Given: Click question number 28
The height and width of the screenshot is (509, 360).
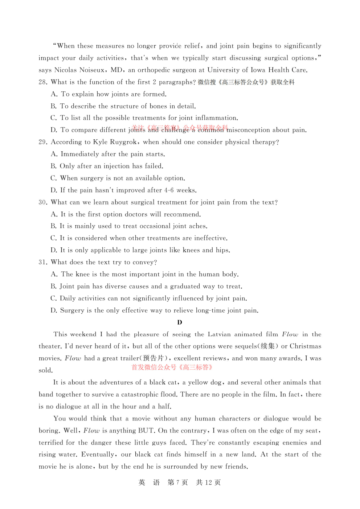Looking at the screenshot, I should coord(42,82).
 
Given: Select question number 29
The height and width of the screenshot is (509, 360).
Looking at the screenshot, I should coord(42,142).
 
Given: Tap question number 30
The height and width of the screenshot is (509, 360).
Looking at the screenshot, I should coord(42,202).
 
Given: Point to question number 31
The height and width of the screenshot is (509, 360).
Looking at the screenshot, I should coord(42,262).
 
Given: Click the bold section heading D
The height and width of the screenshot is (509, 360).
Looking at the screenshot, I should coord(180,323).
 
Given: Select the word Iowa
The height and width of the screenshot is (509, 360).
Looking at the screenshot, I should coord(258,70).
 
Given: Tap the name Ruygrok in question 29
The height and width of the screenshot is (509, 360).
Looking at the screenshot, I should coord(123,142).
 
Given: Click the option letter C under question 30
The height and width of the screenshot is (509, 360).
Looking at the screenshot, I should coord(54,238).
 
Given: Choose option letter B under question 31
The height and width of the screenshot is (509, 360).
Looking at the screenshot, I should coord(54,287).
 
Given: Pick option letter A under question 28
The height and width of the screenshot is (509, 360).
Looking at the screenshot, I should coord(54,94).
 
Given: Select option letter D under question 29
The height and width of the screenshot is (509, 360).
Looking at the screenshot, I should coord(54,190).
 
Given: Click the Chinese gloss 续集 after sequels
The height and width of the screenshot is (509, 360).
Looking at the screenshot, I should coord(268,346).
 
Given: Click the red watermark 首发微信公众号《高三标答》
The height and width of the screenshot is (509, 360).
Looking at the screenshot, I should coord(172,368).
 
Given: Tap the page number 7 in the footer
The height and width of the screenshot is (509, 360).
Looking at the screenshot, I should coord(177,483).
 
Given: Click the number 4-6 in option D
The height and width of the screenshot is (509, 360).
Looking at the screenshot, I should coord(169,190).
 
